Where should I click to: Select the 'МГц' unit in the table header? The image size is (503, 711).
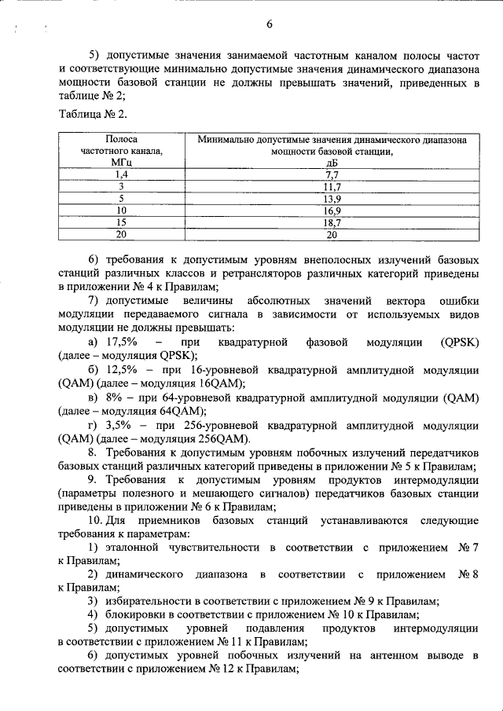click(x=121, y=162)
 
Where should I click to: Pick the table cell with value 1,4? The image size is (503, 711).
click(x=121, y=174)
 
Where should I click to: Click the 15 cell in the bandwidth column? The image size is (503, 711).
click(x=121, y=222)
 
